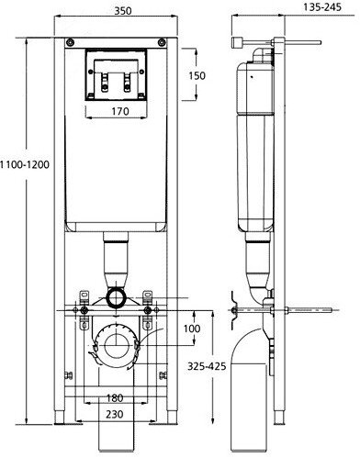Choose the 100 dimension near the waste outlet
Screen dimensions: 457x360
(190, 329)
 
